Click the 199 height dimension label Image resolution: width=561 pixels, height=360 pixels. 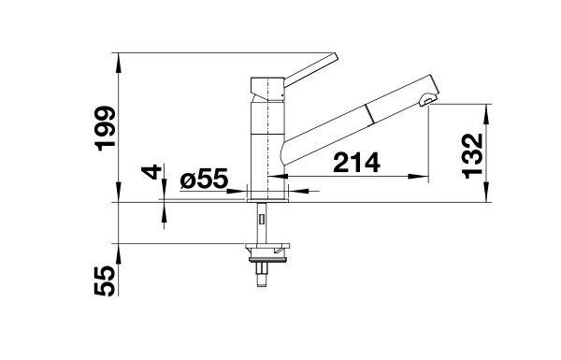(x=107, y=128)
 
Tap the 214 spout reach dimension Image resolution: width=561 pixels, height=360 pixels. (x=356, y=163)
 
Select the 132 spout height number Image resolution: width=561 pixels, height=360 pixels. (x=473, y=156)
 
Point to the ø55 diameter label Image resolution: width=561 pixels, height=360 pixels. (x=204, y=179)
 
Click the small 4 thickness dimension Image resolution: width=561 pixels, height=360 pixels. (x=151, y=172)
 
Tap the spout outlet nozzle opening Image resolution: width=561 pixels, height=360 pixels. (x=428, y=100)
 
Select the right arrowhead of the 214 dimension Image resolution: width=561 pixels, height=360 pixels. (x=421, y=176)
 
